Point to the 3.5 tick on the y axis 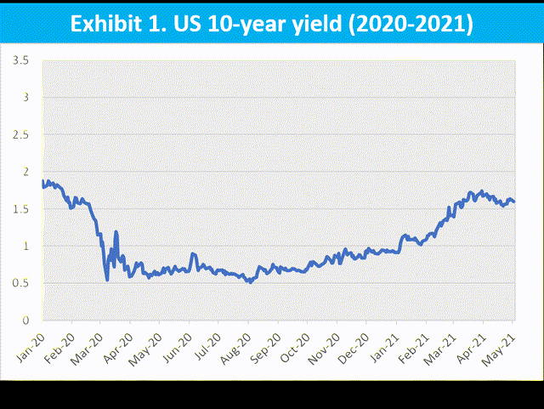21,60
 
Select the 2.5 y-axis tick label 21,135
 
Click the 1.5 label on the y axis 21,209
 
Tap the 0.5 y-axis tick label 21,283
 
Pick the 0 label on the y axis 25,321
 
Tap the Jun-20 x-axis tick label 177,343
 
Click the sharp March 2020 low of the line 107,280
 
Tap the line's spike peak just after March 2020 116,231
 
